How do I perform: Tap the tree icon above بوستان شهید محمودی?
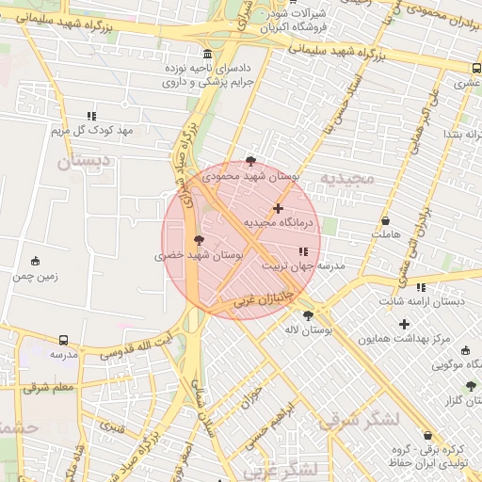[249, 161]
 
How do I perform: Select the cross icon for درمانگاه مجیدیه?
[278, 208]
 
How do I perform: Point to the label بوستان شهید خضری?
[200, 254]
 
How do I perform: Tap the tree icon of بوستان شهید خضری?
[198, 240]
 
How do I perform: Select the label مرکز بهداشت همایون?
[406, 337]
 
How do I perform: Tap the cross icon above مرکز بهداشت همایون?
[405, 324]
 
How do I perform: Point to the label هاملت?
[386, 233]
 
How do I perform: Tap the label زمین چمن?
[36, 276]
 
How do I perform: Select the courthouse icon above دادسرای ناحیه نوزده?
[207, 54]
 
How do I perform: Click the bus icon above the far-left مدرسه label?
[63, 340]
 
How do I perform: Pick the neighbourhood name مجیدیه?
[347, 178]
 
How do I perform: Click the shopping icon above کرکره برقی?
[429, 436]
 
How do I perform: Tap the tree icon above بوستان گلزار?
[471, 386]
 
